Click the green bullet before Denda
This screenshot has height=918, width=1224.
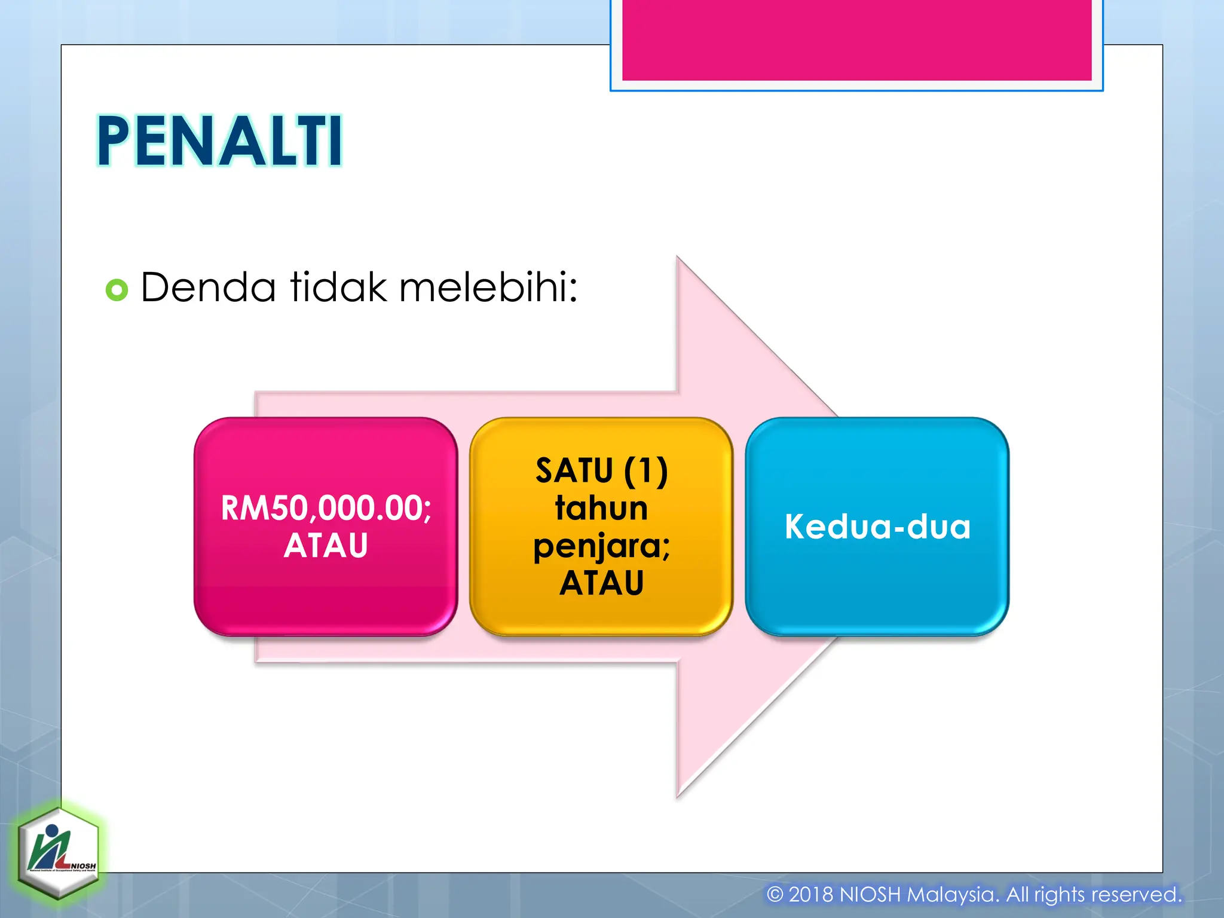[x=117, y=290]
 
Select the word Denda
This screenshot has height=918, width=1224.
[x=208, y=287]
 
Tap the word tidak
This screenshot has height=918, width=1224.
[x=338, y=287]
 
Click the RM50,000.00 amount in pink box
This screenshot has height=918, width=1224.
[x=325, y=508]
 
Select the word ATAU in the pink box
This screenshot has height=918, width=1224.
[x=326, y=545]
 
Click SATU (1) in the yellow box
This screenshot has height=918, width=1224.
[x=601, y=470]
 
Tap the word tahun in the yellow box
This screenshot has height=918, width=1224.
[x=601, y=508]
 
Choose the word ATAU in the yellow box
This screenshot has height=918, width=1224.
[x=601, y=583]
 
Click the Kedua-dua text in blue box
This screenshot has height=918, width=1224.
[x=877, y=527]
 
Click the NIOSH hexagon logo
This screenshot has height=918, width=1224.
[x=58, y=851]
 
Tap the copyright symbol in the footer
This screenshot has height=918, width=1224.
[x=775, y=895]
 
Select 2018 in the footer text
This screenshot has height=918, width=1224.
[x=810, y=895]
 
